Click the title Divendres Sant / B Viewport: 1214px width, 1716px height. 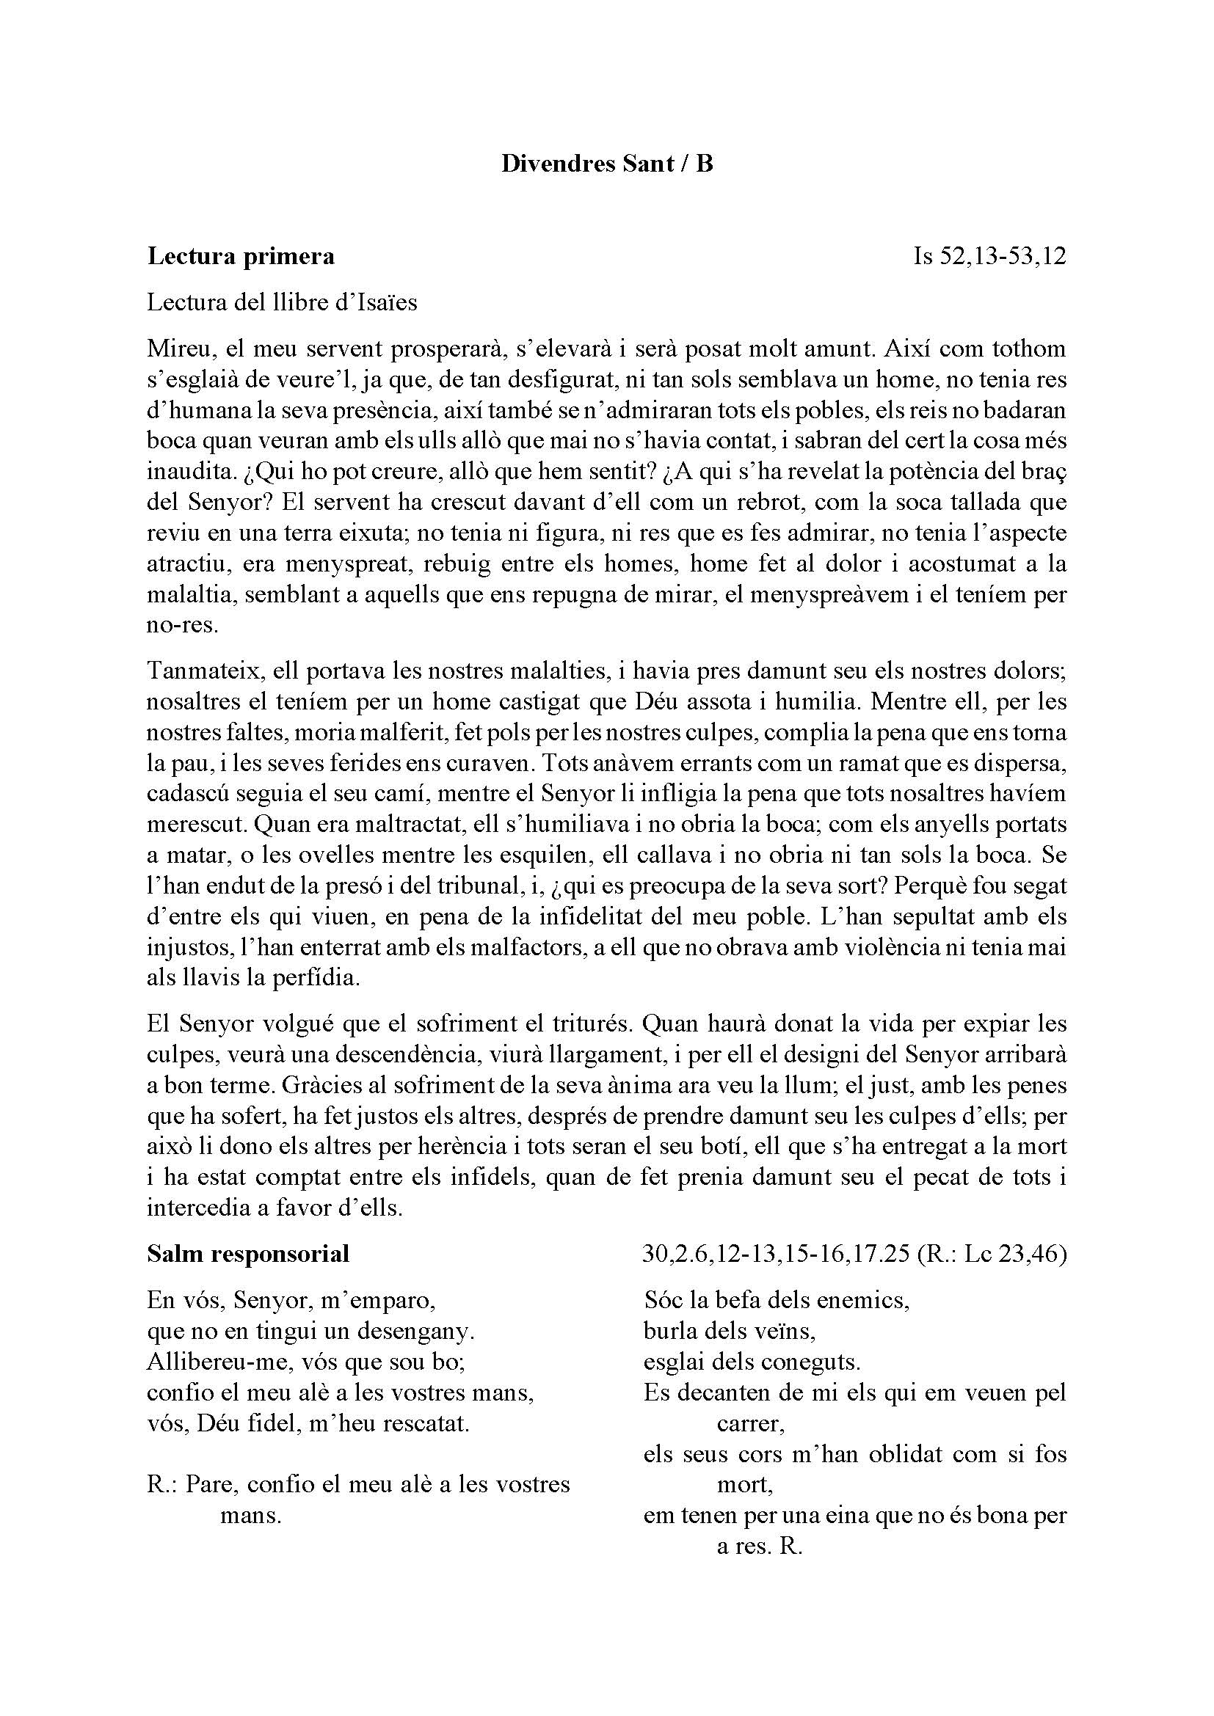coord(607,164)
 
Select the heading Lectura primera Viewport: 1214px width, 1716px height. coord(241,256)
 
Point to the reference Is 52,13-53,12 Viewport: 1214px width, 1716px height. coord(989,256)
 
